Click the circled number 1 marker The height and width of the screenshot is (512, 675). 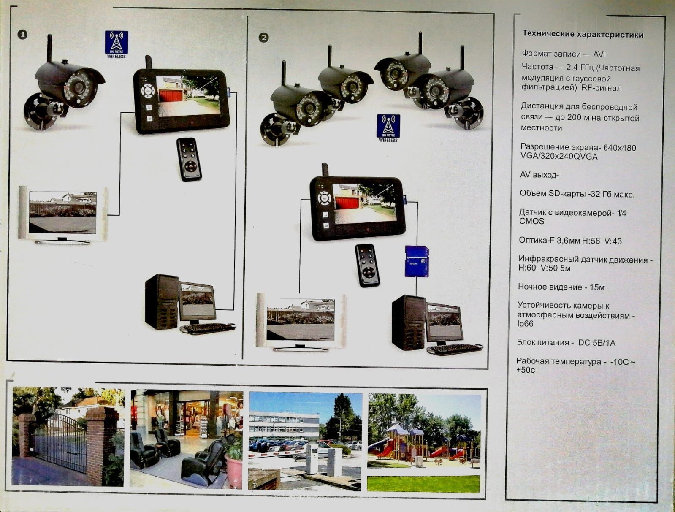point(22,35)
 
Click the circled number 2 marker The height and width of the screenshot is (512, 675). point(263,38)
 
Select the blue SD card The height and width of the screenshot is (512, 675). point(417,261)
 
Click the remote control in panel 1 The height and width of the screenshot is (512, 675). point(189,159)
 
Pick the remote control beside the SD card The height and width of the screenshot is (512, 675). point(368,265)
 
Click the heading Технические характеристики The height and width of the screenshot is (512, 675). point(583,34)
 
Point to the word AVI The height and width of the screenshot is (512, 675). point(599,54)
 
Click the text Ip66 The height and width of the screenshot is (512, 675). point(525,324)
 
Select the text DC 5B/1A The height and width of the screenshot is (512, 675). point(596,343)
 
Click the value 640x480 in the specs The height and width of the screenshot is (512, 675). point(620,148)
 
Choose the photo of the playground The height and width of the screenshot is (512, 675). point(424,443)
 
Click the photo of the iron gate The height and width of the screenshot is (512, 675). point(68,437)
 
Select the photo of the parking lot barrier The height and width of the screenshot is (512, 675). point(305,441)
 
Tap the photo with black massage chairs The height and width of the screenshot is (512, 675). point(186,439)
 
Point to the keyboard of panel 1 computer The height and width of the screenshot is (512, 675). point(208,328)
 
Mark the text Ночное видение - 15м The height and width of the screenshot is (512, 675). point(561,287)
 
